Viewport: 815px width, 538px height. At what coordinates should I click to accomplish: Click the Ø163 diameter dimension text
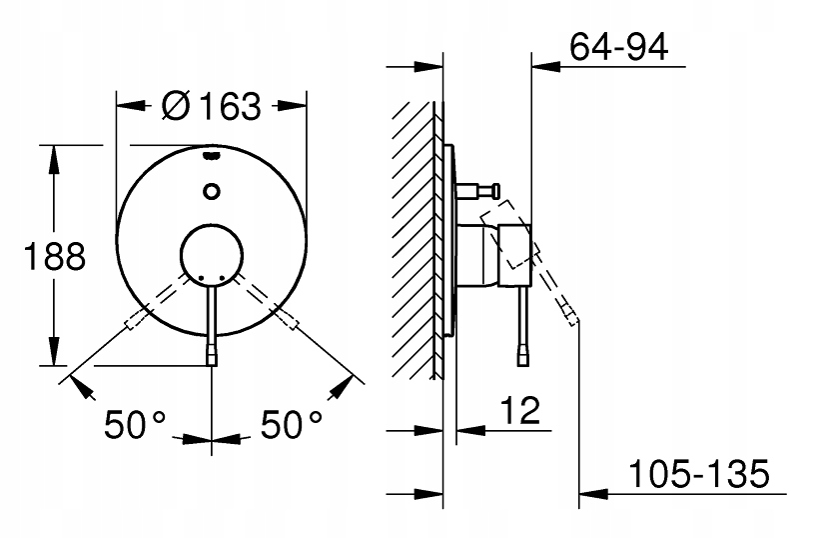211,106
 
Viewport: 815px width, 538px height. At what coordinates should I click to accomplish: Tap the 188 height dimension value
55,256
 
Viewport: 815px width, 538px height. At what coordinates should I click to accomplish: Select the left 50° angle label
135,424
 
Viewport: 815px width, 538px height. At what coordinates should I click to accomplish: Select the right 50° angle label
291,424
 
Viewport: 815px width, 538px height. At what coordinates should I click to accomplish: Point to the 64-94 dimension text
618,47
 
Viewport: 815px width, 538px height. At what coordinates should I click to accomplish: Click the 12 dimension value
520,410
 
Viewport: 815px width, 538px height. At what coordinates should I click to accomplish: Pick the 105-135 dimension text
698,474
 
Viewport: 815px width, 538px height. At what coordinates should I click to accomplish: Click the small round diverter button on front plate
211,191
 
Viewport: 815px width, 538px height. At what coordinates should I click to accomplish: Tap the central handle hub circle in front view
212,255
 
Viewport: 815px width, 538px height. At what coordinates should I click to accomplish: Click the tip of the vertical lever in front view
212,359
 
